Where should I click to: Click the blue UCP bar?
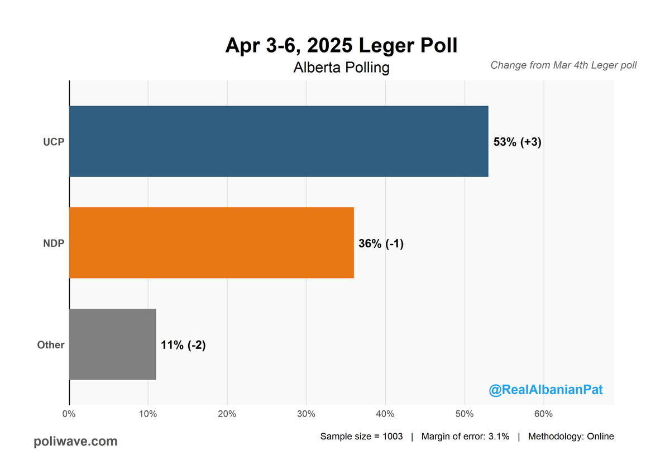(x=279, y=141)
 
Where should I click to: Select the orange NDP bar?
(x=212, y=243)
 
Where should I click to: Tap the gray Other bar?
(x=112, y=344)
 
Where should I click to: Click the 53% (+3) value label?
(x=518, y=142)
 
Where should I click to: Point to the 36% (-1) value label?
(x=381, y=243)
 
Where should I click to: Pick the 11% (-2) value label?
(x=183, y=345)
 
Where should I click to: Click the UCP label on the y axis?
(x=54, y=142)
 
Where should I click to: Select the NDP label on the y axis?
(x=54, y=243)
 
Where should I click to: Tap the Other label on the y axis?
(x=51, y=345)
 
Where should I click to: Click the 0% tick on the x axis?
(x=69, y=414)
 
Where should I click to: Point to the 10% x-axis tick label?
(x=148, y=414)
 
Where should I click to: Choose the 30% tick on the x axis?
(x=306, y=414)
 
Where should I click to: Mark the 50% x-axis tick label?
(x=465, y=414)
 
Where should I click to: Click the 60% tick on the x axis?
(x=543, y=414)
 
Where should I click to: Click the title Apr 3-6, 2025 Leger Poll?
(x=341, y=46)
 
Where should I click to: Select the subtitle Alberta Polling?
(x=341, y=68)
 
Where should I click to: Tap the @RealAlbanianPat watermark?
(x=545, y=390)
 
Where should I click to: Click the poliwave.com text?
(x=75, y=442)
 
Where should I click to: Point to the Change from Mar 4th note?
(x=563, y=65)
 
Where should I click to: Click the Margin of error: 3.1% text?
(x=465, y=437)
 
